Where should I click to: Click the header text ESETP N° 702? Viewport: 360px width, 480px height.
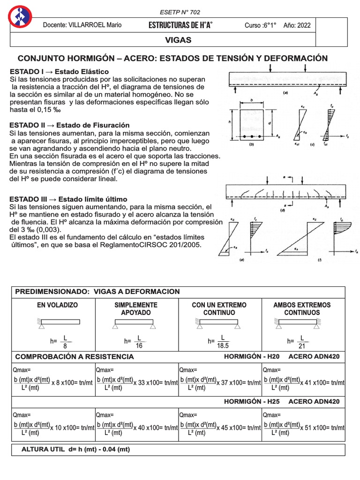180,12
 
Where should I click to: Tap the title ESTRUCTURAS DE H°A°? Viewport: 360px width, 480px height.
180,25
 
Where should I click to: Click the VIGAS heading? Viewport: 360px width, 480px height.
178,40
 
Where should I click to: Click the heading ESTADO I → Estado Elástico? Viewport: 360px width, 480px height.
59,72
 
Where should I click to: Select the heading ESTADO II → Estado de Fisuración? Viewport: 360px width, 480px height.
69,126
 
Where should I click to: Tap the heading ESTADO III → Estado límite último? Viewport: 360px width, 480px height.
68,199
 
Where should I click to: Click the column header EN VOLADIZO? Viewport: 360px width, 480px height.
58,305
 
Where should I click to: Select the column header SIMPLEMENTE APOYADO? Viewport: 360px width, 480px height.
136,308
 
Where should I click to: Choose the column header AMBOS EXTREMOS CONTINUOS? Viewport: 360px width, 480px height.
302,308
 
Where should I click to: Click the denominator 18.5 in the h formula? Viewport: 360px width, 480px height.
223,345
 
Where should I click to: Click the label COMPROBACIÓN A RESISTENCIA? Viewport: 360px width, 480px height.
75,357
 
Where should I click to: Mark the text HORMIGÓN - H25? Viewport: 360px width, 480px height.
252,402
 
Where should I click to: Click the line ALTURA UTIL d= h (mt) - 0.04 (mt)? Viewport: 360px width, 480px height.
76,450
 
